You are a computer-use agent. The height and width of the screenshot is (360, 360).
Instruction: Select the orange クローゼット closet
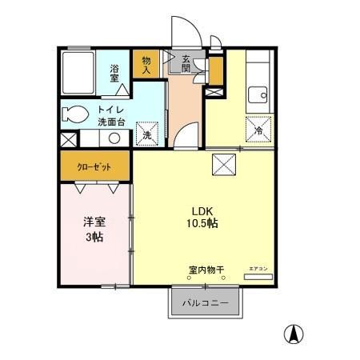[94, 168]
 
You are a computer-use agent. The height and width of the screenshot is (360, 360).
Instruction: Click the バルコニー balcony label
[204, 304]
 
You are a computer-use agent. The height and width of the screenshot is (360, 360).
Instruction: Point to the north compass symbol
[295, 334]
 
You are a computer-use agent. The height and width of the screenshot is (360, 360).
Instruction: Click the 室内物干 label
[206, 270]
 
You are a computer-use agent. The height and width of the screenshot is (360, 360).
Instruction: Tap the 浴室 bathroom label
[115, 74]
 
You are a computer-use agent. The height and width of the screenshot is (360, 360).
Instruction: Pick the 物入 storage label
[146, 65]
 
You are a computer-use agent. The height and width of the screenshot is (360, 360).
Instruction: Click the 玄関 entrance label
[186, 63]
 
